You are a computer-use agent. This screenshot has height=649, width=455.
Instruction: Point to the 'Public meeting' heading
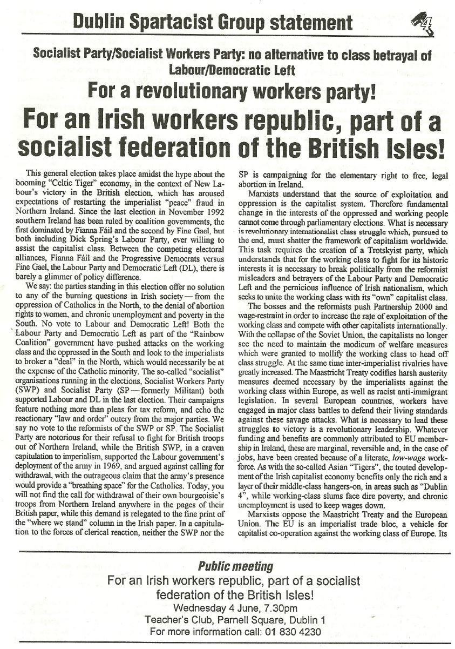click(227, 566)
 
